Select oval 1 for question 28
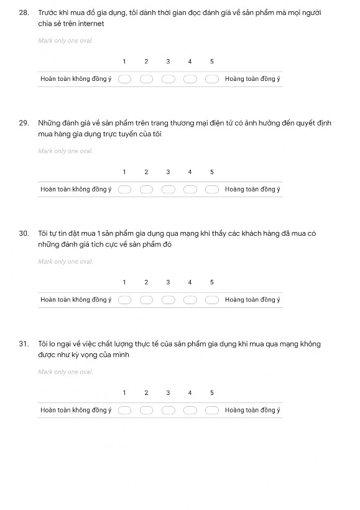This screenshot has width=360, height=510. (124, 79)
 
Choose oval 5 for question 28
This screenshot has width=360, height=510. (212, 79)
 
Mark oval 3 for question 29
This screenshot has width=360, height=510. (168, 190)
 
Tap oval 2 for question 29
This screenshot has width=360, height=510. (147, 190)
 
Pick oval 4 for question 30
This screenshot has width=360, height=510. (190, 300)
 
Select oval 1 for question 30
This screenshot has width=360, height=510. (124, 300)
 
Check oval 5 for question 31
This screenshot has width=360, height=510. (212, 410)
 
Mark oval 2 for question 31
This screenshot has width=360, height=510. (147, 410)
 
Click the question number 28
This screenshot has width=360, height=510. (24, 13)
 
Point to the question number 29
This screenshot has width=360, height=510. (24, 123)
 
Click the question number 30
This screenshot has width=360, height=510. (24, 234)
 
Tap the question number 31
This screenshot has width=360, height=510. (24, 344)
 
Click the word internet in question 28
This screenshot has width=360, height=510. (91, 24)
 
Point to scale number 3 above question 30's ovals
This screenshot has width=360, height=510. (168, 282)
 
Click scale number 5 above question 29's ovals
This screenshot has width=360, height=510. (211, 172)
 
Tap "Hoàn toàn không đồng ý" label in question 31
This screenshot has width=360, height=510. (76, 410)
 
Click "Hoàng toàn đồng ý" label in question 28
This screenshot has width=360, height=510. (252, 79)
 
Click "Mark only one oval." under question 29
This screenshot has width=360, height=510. (65, 151)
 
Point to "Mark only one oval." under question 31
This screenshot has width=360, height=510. (65, 372)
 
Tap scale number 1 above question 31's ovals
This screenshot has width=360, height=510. (124, 393)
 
